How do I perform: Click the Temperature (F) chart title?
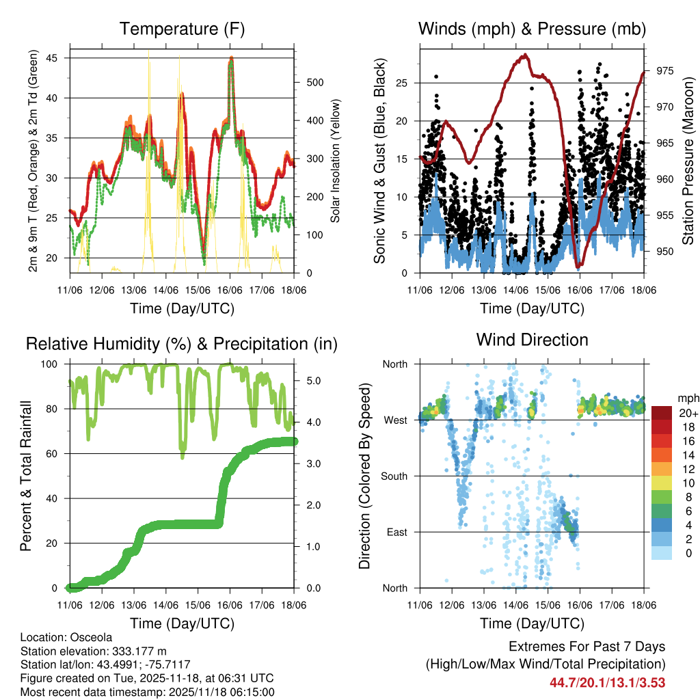[182, 29]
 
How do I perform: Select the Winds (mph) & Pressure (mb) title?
[532, 29]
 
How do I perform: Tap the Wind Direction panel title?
[532, 339]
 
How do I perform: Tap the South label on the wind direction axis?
[394, 476]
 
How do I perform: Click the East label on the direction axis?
[396, 532]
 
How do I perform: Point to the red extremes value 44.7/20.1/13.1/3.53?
[607, 682]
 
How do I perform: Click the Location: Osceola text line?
[67, 637]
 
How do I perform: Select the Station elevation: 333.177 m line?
[94, 651]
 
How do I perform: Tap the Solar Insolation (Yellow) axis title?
[335, 161]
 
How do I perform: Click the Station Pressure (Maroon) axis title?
[688, 161]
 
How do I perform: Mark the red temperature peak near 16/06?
[232, 59]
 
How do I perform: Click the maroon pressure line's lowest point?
[578, 266]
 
